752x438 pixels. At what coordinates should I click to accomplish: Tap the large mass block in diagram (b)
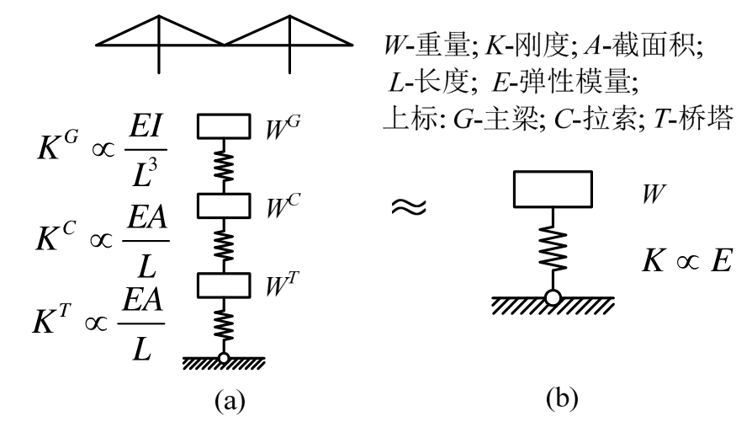pyautogui.click(x=551, y=191)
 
